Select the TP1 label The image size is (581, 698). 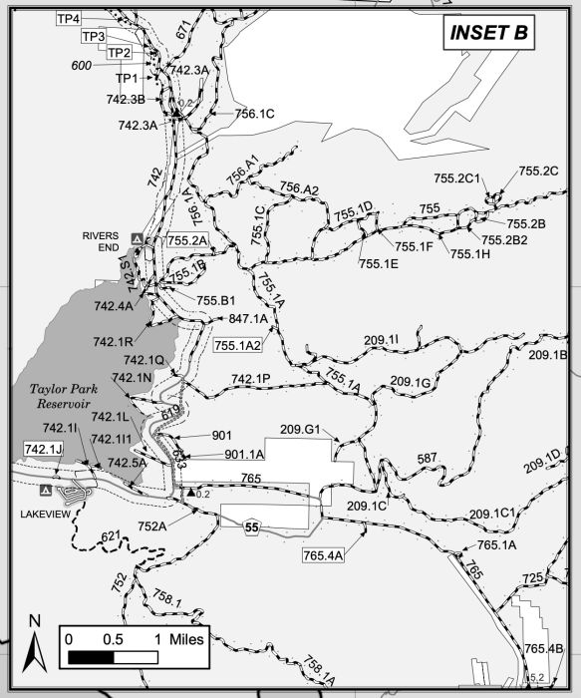(126, 78)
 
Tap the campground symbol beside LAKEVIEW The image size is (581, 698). (45, 492)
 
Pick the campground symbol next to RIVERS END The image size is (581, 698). (138, 239)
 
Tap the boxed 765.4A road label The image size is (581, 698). (323, 554)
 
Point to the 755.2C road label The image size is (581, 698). (538, 171)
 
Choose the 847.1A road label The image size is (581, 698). (248, 319)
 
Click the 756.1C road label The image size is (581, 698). (254, 114)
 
